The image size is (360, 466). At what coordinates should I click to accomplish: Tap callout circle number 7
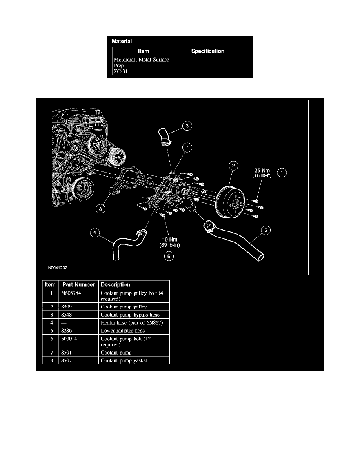[188, 147]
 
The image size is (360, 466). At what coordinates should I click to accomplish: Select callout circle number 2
[233, 166]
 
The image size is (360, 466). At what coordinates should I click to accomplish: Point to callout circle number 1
[282, 172]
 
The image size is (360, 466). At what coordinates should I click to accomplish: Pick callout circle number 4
[95, 233]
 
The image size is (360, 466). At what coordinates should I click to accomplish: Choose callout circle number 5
[265, 231]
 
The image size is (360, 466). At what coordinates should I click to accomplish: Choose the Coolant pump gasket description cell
[124, 360]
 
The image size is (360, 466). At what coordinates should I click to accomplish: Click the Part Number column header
[78, 284]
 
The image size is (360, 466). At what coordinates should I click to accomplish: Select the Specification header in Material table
[207, 51]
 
